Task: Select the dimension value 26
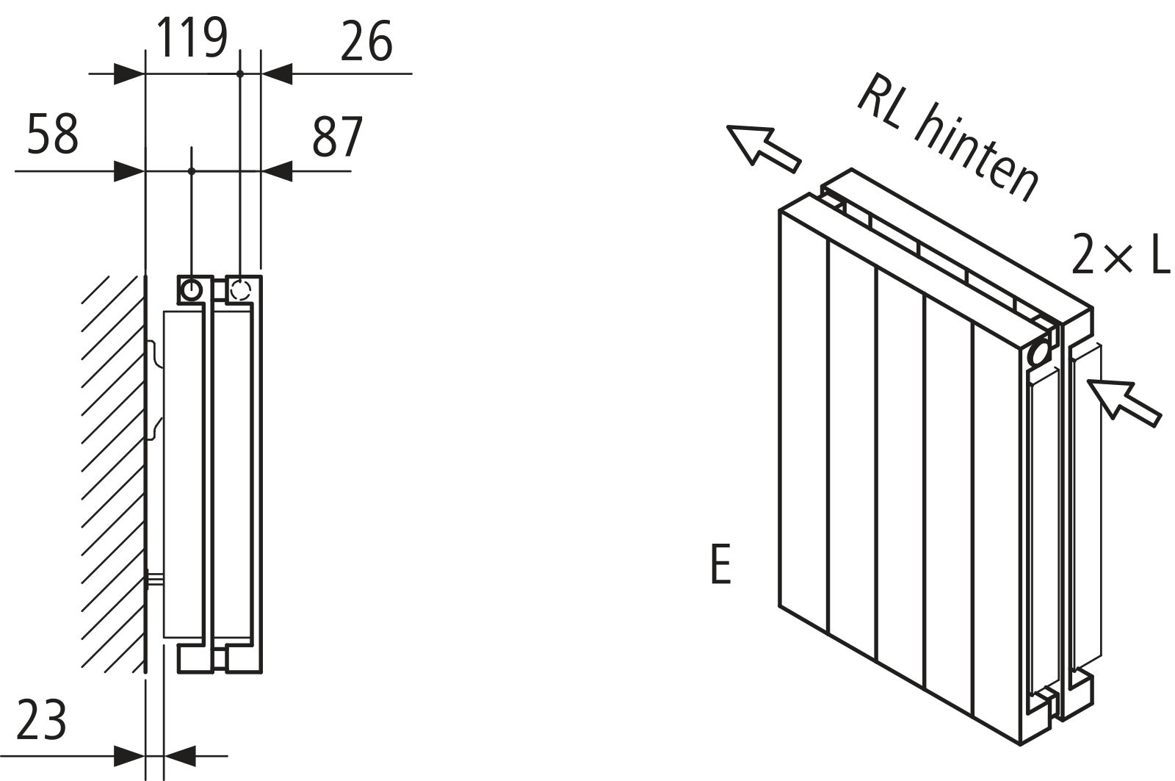[x=366, y=42]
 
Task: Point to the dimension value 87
[x=338, y=137]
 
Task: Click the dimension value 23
[x=41, y=719]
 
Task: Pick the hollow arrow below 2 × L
[x=1124, y=400]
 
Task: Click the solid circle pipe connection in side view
[x=192, y=289]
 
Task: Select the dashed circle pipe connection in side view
[x=240, y=289]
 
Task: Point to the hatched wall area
[x=110, y=470]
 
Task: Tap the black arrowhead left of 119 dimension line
[x=130, y=73]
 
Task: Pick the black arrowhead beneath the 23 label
[x=130, y=755]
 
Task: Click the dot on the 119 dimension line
[x=240, y=73]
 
